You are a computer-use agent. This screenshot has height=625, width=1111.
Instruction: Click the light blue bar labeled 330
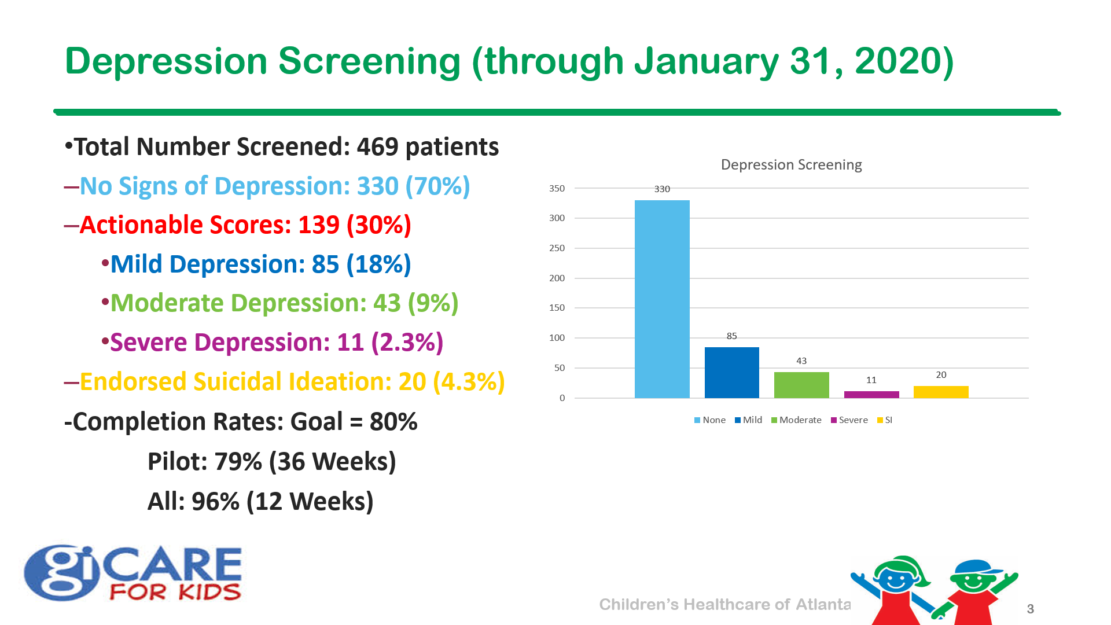click(x=662, y=299)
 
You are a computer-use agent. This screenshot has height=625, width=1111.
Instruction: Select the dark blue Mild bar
click(x=731, y=372)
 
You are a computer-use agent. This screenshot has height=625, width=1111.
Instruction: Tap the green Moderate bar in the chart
click(x=801, y=385)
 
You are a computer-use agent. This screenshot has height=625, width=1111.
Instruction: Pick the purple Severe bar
click(x=871, y=395)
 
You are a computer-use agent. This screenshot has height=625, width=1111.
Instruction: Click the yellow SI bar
click(x=941, y=392)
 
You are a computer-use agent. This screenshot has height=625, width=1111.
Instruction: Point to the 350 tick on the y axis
click(x=557, y=188)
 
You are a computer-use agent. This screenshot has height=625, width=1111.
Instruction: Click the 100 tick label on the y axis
click(x=557, y=337)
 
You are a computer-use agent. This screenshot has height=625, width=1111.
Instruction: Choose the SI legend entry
click(x=885, y=420)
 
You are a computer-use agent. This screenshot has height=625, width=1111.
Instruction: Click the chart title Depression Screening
click(x=791, y=165)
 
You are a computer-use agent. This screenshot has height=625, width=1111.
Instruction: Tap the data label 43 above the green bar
click(x=801, y=361)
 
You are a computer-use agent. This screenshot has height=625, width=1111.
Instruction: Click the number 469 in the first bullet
click(x=377, y=147)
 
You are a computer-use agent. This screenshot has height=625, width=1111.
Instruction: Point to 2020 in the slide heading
click(x=903, y=61)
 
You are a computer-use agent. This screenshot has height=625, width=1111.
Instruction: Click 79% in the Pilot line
click(x=238, y=462)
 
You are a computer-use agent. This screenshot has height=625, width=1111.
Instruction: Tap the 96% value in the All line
click(x=215, y=502)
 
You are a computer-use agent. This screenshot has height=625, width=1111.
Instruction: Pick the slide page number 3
click(x=1030, y=609)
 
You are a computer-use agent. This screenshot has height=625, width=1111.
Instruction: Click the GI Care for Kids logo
click(x=133, y=573)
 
